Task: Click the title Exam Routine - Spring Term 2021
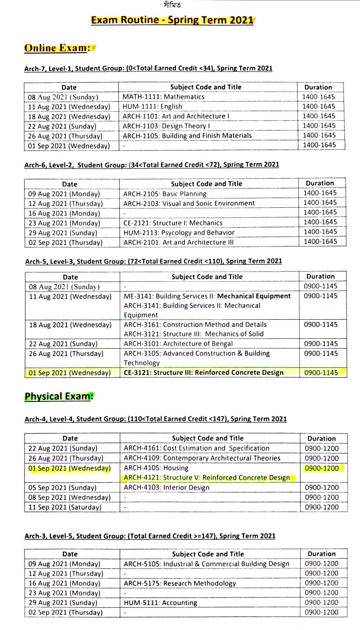(172, 20)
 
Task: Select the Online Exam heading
(58, 48)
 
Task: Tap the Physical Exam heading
(57, 396)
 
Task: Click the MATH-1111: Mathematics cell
(163, 97)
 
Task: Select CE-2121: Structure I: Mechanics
(172, 223)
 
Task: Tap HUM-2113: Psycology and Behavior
(179, 232)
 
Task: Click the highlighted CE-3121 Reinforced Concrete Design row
(203, 372)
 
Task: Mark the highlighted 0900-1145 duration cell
(321, 372)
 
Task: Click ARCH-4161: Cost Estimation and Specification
(197, 448)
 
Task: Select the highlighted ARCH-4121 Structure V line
(206, 478)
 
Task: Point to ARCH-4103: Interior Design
(166, 488)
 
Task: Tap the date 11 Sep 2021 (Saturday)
(65, 507)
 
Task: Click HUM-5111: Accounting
(160, 603)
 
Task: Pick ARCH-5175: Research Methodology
(180, 583)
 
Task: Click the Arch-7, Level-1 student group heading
(148, 69)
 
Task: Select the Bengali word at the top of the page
(172, 5)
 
